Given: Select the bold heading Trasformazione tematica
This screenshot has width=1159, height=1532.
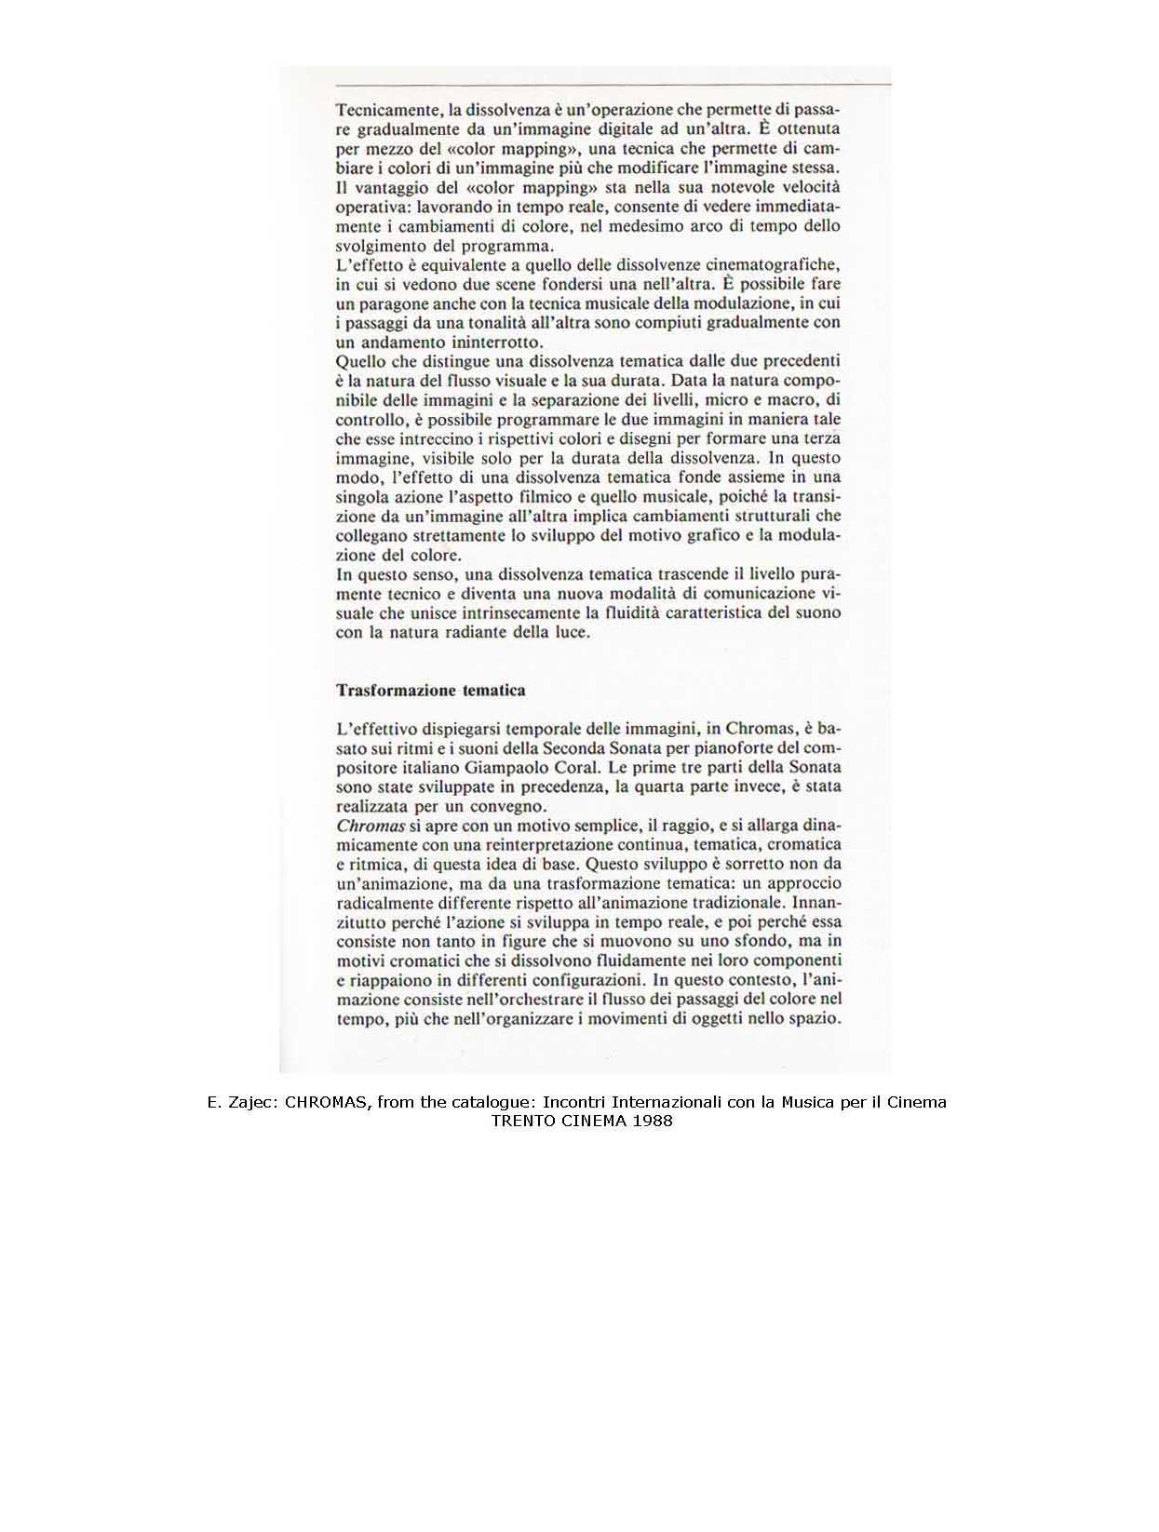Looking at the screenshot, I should click(431, 691).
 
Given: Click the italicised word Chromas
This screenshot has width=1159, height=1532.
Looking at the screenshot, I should click(370, 826).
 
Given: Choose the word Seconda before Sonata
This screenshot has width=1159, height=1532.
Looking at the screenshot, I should click(555, 747).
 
